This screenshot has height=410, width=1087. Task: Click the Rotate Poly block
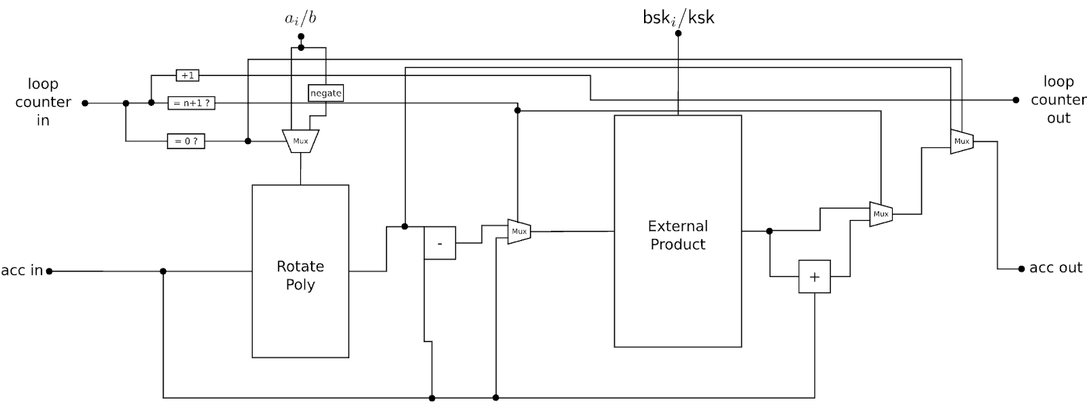(x=300, y=272)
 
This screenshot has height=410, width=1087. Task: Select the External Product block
(x=678, y=231)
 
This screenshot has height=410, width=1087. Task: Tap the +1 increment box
(x=188, y=75)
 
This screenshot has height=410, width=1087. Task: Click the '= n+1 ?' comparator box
(x=192, y=103)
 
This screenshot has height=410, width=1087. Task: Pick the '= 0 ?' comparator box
(x=186, y=141)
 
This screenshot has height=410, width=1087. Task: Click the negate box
(x=325, y=93)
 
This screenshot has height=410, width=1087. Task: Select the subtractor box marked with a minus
(x=440, y=243)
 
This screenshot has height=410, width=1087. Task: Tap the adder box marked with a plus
(x=815, y=277)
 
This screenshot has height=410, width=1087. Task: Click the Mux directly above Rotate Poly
(x=300, y=141)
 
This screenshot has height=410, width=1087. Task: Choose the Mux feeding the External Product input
(x=519, y=231)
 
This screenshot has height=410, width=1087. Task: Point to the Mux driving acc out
(x=962, y=141)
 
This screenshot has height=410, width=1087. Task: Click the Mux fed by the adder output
(x=880, y=215)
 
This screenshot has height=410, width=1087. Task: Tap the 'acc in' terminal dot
(x=49, y=272)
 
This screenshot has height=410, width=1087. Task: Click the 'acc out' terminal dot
(x=1022, y=269)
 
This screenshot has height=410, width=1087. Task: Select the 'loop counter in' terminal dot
(x=85, y=103)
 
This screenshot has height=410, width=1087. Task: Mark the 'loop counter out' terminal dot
(x=1016, y=100)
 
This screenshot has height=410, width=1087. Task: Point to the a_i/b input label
(x=300, y=18)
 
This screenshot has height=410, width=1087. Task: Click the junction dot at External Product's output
(x=769, y=231)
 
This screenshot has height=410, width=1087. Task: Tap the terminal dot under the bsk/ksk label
(x=679, y=33)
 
